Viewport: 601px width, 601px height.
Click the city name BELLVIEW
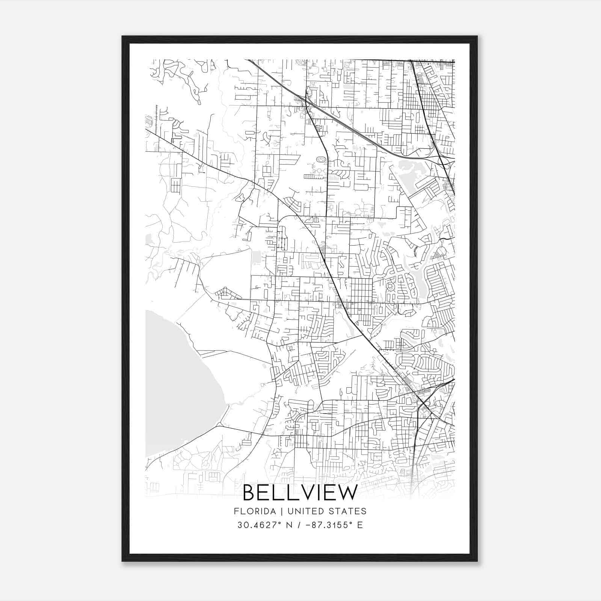click(x=300, y=493)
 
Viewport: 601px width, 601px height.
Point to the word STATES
click(x=346, y=511)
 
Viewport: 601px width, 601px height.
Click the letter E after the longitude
click(x=360, y=525)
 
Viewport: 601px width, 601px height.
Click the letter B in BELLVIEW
click(x=250, y=493)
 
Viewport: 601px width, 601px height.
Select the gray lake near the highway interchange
click(x=408, y=175)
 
